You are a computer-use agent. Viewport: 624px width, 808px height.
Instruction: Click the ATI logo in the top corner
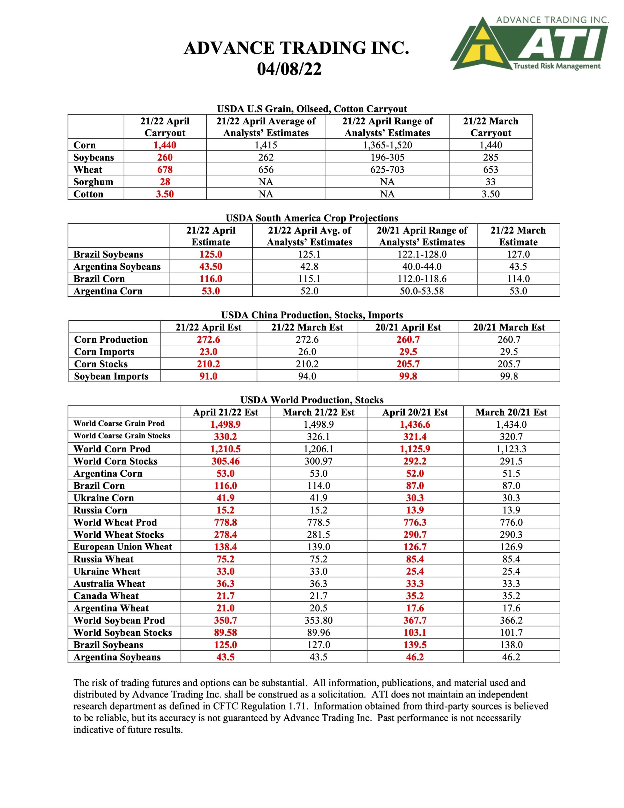[529, 44]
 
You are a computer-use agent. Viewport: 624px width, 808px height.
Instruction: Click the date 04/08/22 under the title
[289, 69]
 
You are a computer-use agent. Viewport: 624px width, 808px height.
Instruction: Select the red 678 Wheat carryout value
[165, 169]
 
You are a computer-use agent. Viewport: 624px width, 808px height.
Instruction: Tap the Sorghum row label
[93, 182]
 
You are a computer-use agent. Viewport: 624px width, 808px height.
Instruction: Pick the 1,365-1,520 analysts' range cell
[387, 145]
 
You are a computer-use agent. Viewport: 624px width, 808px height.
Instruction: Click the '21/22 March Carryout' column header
[491, 127]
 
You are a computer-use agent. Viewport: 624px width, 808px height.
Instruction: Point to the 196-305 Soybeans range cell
[387, 157]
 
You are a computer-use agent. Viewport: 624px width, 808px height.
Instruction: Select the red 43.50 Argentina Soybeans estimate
[210, 266]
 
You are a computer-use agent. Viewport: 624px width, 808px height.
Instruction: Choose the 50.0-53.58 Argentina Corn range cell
[422, 291]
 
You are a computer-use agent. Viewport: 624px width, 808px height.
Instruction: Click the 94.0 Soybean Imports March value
[307, 376]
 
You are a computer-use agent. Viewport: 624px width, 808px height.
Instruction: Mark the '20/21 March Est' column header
[509, 327]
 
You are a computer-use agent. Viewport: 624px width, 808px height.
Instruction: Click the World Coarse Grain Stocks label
[122, 436]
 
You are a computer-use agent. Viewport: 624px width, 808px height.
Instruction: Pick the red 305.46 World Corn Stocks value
[225, 461]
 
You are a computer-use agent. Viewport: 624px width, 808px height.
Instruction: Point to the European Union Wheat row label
[122, 546]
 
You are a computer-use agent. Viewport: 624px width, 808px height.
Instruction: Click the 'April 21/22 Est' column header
[225, 412]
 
